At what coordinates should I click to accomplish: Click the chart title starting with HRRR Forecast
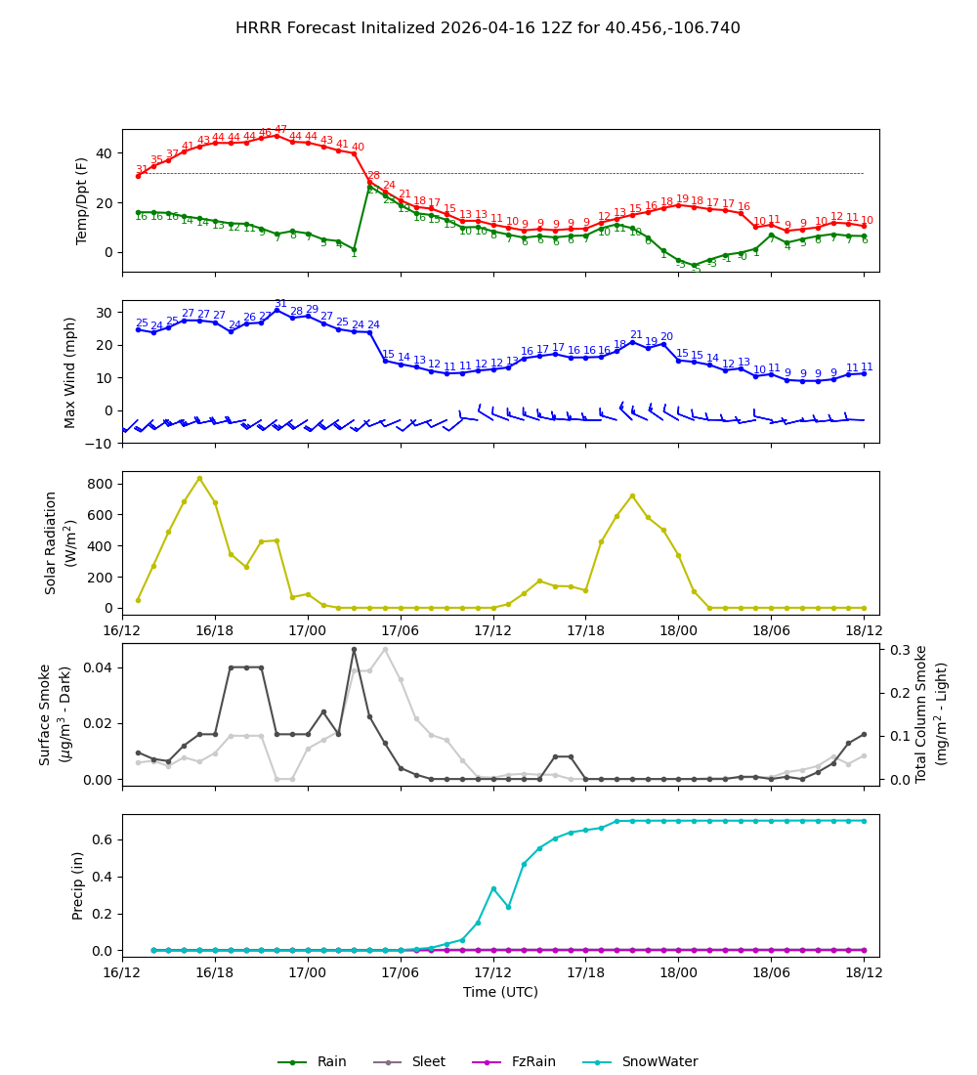point(488,28)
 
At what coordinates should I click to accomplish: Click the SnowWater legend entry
point(659,1061)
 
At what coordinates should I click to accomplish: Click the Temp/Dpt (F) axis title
point(82,200)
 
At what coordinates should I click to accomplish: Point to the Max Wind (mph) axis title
point(70,371)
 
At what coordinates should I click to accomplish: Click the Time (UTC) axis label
point(500,992)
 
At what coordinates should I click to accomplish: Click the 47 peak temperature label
point(280,130)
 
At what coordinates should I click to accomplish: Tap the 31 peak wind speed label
point(280,304)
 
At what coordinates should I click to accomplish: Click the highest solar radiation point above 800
point(199,478)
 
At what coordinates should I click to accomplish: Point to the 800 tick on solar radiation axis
point(103,484)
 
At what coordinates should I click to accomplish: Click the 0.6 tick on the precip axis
point(103,839)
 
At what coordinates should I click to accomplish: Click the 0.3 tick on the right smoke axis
point(899,650)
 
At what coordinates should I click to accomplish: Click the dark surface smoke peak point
point(354,650)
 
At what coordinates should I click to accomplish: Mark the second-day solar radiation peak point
point(632,495)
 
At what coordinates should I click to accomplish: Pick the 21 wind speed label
point(636,335)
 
